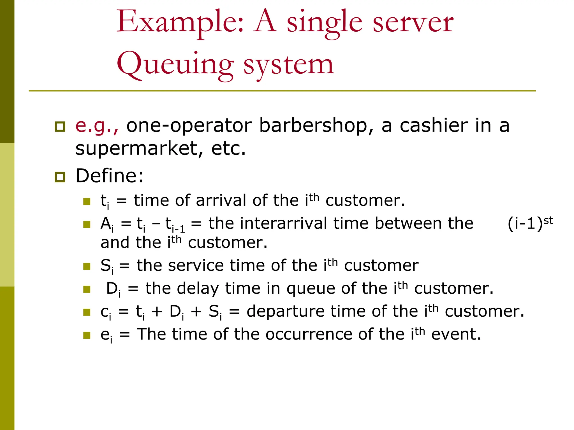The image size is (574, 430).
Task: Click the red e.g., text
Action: pos(97,126)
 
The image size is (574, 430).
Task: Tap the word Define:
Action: pos(110,176)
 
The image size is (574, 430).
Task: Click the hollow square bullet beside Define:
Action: pos(60,177)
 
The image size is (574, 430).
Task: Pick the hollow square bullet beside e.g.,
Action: pos(60,127)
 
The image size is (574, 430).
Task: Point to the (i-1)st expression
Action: pos(530,223)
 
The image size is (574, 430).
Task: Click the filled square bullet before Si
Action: pos(87,266)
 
